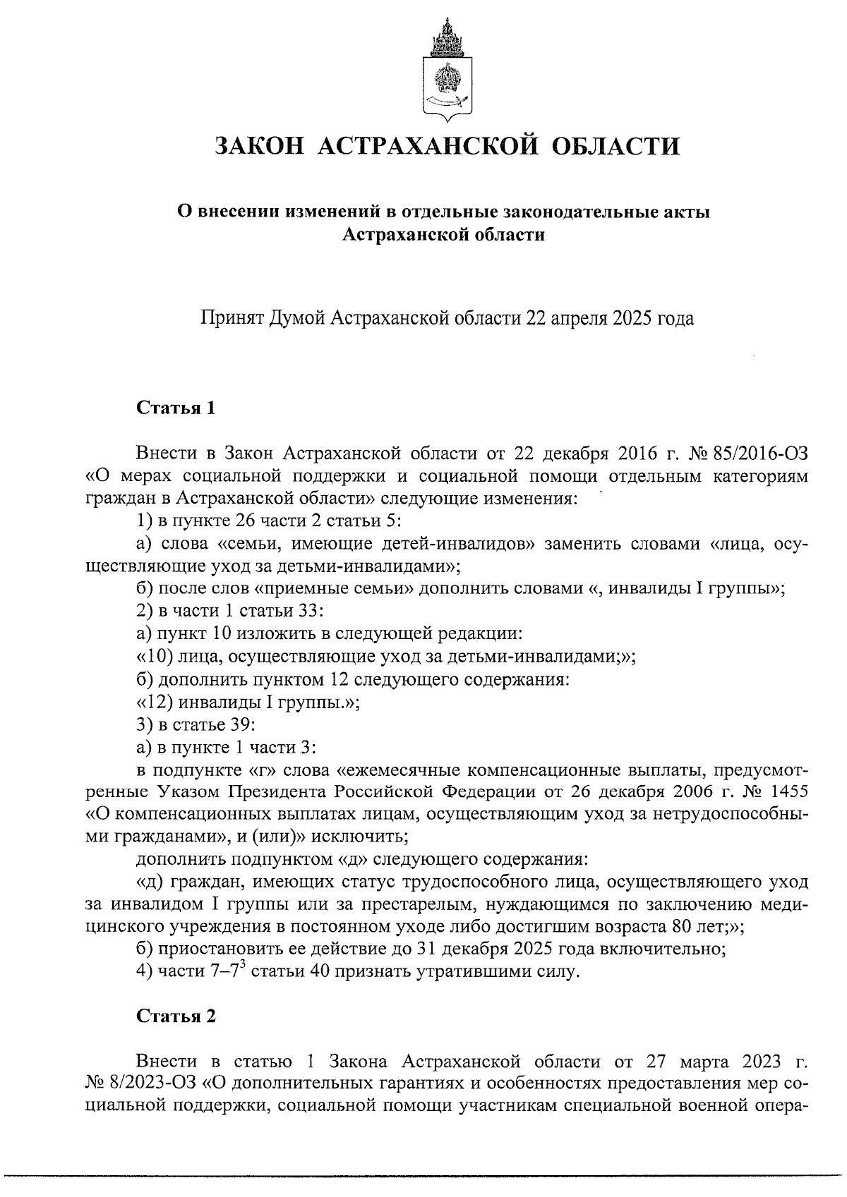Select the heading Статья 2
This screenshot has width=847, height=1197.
coord(175,1016)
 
